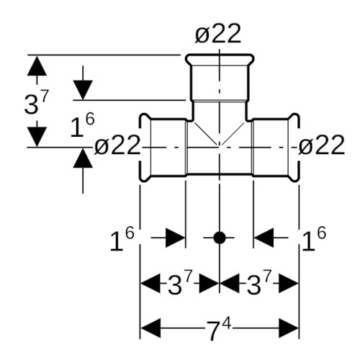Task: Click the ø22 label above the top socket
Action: [218, 34]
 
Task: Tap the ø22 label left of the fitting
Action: [117, 145]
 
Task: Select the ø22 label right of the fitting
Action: [322, 145]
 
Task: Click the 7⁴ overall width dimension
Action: [220, 328]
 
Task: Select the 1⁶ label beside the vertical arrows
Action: [83, 125]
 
